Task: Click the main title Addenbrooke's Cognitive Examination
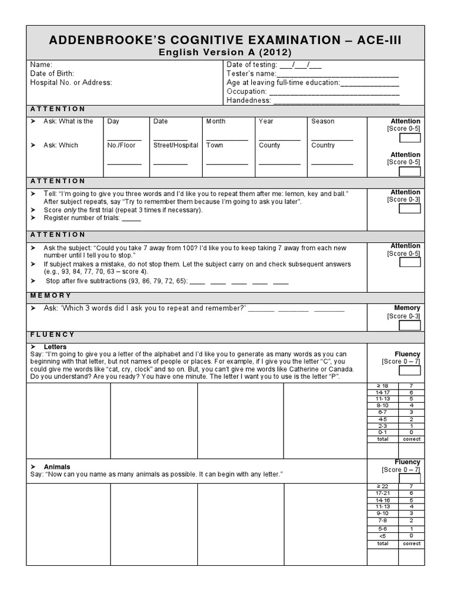click(x=225, y=40)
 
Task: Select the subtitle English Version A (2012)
click(x=225, y=52)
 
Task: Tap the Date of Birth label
click(x=51, y=73)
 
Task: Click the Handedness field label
click(x=248, y=100)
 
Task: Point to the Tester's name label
click(x=251, y=73)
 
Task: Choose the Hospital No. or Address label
click(x=71, y=83)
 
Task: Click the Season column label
click(x=322, y=121)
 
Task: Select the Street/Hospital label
click(x=176, y=145)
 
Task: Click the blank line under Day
click(x=124, y=139)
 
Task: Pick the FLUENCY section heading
click(x=52, y=335)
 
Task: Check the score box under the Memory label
click(x=409, y=325)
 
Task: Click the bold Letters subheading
click(x=55, y=347)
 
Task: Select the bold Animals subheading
click(x=57, y=467)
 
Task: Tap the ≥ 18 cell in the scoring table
click(x=382, y=386)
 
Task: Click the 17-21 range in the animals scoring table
click(x=382, y=493)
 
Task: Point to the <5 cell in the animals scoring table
click(x=382, y=536)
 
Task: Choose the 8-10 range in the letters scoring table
click(x=382, y=406)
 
